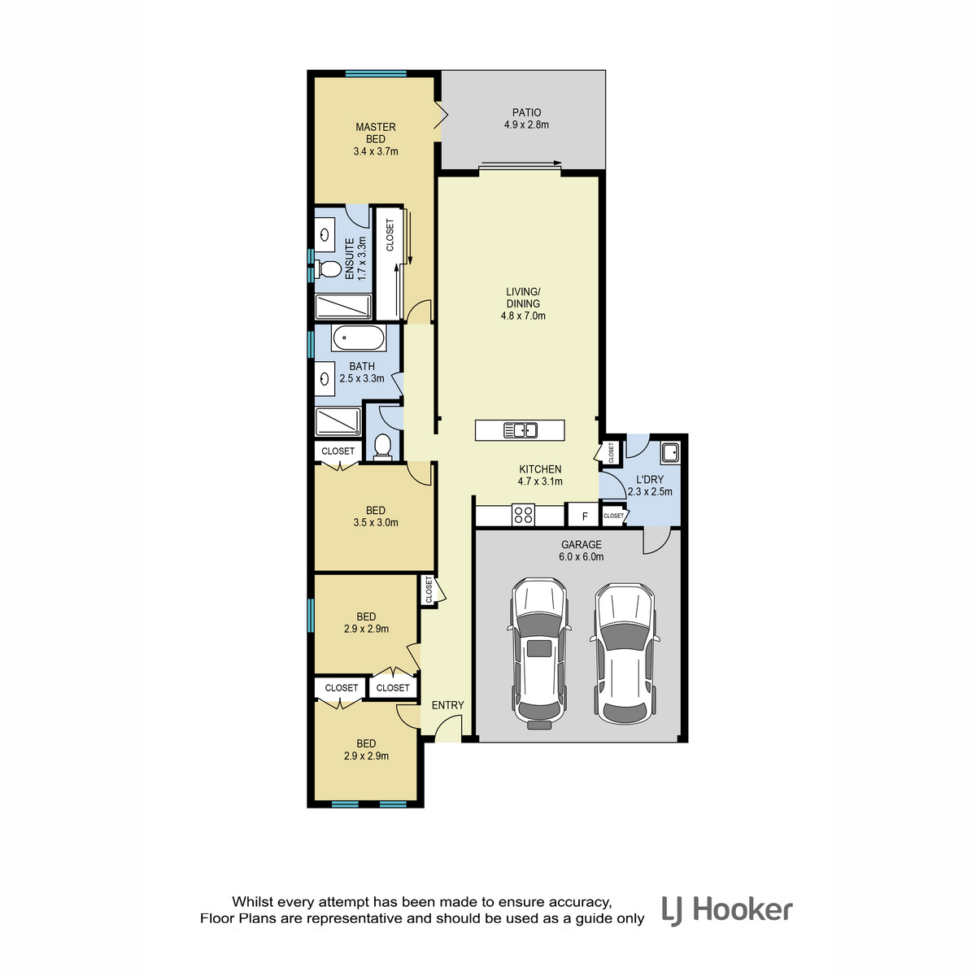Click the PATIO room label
click(526, 112)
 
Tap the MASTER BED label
click(375, 133)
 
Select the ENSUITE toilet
click(328, 269)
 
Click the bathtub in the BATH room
click(358, 338)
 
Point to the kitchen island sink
click(520, 430)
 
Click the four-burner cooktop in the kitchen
click(523, 515)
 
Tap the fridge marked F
click(585, 516)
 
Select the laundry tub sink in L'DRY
click(670, 452)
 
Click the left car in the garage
click(539, 654)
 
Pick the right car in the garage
click(625, 654)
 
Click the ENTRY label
click(447, 705)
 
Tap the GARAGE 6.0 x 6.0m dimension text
click(582, 557)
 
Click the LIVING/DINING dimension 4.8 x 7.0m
click(523, 316)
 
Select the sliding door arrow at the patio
click(521, 163)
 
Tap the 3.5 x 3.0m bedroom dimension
click(376, 523)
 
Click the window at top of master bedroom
click(376, 73)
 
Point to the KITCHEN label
click(540, 469)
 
